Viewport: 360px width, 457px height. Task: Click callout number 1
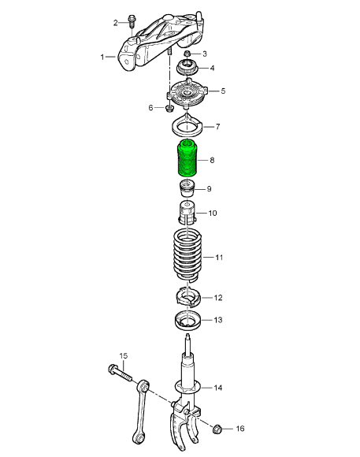tap(102, 58)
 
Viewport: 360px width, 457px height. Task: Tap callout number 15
tap(122, 357)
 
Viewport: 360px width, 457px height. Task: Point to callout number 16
tap(240, 429)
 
